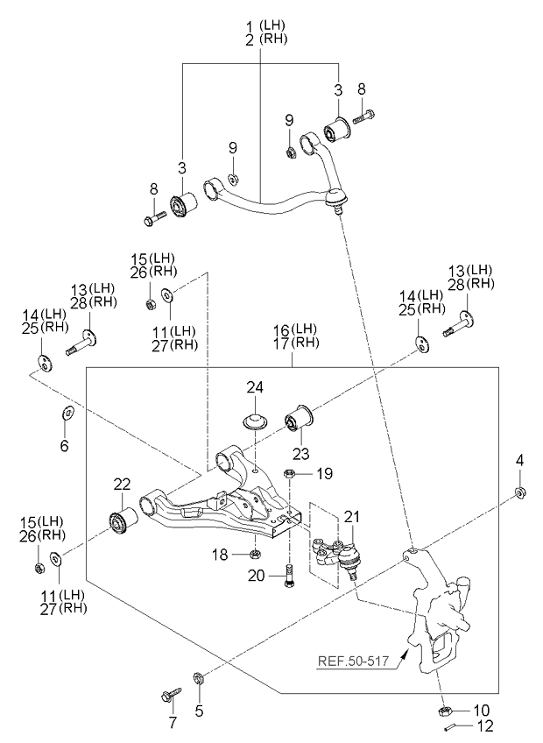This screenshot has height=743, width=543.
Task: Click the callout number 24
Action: point(254,386)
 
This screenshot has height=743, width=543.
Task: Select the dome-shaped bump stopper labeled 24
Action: point(254,420)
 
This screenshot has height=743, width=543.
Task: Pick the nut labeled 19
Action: point(289,475)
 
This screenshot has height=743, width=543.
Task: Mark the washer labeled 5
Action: point(199,677)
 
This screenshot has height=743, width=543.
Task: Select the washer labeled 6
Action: point(67,413)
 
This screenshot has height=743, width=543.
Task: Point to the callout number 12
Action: point(484,725)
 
